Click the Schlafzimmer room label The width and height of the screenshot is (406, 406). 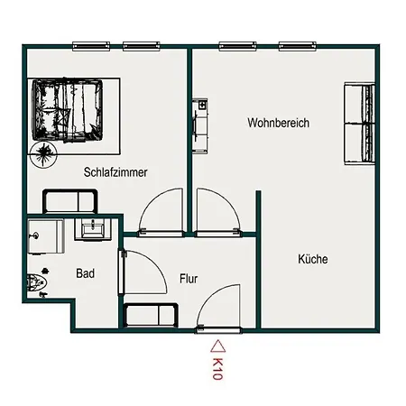point(115,172)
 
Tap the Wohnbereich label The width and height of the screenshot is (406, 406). point(279,123)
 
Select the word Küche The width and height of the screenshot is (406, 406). point(313,259)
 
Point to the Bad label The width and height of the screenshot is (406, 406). point(86,273)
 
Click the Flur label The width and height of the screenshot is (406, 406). point(189,279)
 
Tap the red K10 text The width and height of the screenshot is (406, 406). point(217,369)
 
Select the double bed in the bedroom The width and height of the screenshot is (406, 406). point(68,110)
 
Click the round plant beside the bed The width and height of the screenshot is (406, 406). point(44,154)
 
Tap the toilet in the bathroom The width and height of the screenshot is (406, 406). point(37,282)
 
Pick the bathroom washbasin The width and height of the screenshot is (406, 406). point(93,230)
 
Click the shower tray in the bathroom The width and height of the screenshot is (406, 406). point(46,236)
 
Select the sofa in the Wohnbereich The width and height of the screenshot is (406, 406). point(359,124)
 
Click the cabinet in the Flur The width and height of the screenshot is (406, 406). point(151,315)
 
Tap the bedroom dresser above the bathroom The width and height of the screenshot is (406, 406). point(70,201)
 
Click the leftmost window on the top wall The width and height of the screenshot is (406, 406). point(91,46)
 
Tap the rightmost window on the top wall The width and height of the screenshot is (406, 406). point(297,46)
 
